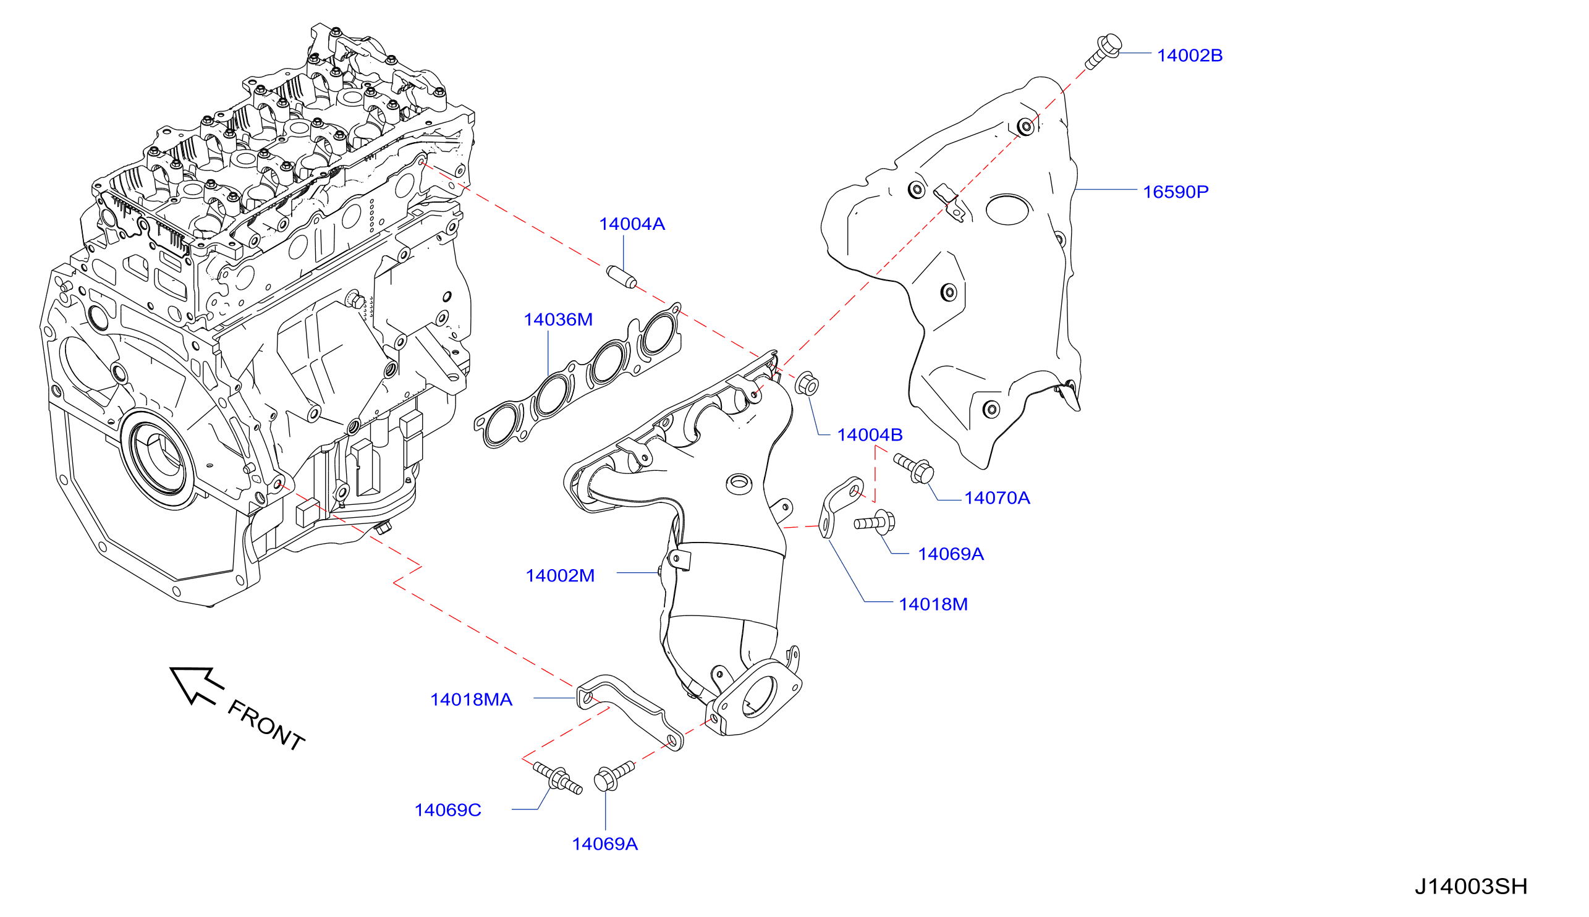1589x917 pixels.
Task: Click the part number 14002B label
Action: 1189,56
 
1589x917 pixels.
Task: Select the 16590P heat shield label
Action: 1176,192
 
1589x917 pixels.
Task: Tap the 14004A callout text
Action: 632,224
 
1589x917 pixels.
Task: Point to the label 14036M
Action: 558,319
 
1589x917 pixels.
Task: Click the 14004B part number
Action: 870,434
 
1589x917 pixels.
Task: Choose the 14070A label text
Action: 997,497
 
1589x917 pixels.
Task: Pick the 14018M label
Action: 933,604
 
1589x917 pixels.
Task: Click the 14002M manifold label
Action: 560,575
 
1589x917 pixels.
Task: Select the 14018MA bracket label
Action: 471,699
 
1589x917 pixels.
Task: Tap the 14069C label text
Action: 448,810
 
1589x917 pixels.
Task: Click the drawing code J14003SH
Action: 1470,886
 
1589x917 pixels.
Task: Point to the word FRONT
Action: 266,725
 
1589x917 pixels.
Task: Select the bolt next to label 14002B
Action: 1103,51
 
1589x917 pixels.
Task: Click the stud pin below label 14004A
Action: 621,277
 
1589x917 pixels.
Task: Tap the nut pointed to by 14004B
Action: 806,384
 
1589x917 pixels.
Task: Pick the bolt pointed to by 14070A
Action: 913,468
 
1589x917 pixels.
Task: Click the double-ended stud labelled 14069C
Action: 557,779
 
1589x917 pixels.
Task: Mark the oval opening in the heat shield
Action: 1008,209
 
